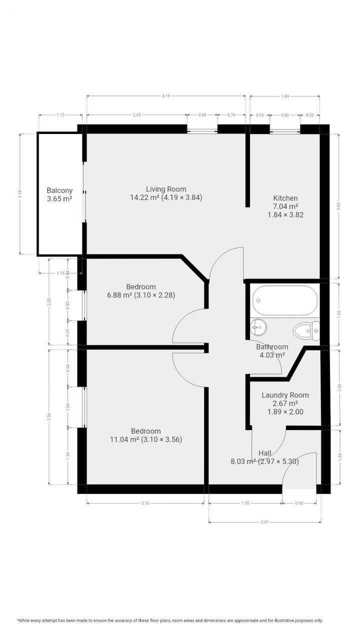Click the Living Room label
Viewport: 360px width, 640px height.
pos(166,189)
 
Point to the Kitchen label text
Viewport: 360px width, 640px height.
pos(285,198)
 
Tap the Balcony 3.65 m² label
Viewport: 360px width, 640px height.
pos(59,194)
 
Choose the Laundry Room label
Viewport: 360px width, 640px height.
pos(285,395)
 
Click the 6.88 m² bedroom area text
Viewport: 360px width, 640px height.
pos(119,295)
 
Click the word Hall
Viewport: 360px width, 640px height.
pos(265,453)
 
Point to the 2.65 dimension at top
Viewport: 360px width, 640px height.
pos(137,115)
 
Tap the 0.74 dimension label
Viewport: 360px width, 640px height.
pos(231,115)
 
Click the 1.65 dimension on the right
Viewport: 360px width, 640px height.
pos(339,314)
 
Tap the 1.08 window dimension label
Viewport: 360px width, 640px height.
pos(68,406)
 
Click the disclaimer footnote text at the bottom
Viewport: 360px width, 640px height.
pos(170,620)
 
